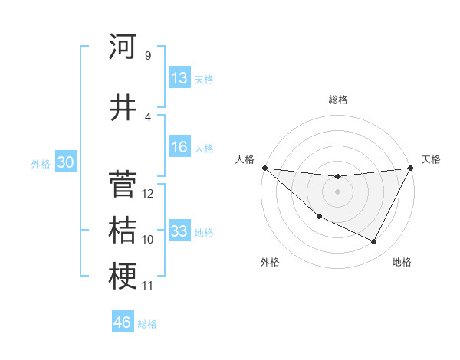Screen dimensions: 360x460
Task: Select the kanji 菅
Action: click(x=123, y=184)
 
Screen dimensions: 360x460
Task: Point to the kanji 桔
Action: click(x=123, y=230)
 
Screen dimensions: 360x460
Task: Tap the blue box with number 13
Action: click(x=179, y=78)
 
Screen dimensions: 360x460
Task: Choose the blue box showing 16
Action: click(x=179, y=148)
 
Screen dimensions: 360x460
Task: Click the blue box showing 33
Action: click(x=179, y=231)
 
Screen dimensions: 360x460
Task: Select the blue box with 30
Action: click(x=65, y=162)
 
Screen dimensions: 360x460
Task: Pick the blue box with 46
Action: click(x=123, y=322)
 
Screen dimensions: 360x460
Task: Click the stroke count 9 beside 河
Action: click(x=147, y=55)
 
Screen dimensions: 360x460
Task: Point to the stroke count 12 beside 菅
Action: click(x=149, y=194)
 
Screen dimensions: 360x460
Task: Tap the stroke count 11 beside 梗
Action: click(x=148, y=286)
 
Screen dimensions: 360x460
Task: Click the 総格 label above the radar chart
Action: click(x=337, y=100)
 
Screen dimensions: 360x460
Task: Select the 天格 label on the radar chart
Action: click(x=431, y=159)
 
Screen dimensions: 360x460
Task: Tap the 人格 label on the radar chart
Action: click(x=245, y=159)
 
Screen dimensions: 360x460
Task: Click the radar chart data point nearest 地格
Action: click(x=374, y=242)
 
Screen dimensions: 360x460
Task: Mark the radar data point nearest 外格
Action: click(x=319, y=216)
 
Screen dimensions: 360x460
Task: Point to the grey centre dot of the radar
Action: click(x=337, y=191)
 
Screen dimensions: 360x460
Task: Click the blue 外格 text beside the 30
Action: click(x=40, y=163)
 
